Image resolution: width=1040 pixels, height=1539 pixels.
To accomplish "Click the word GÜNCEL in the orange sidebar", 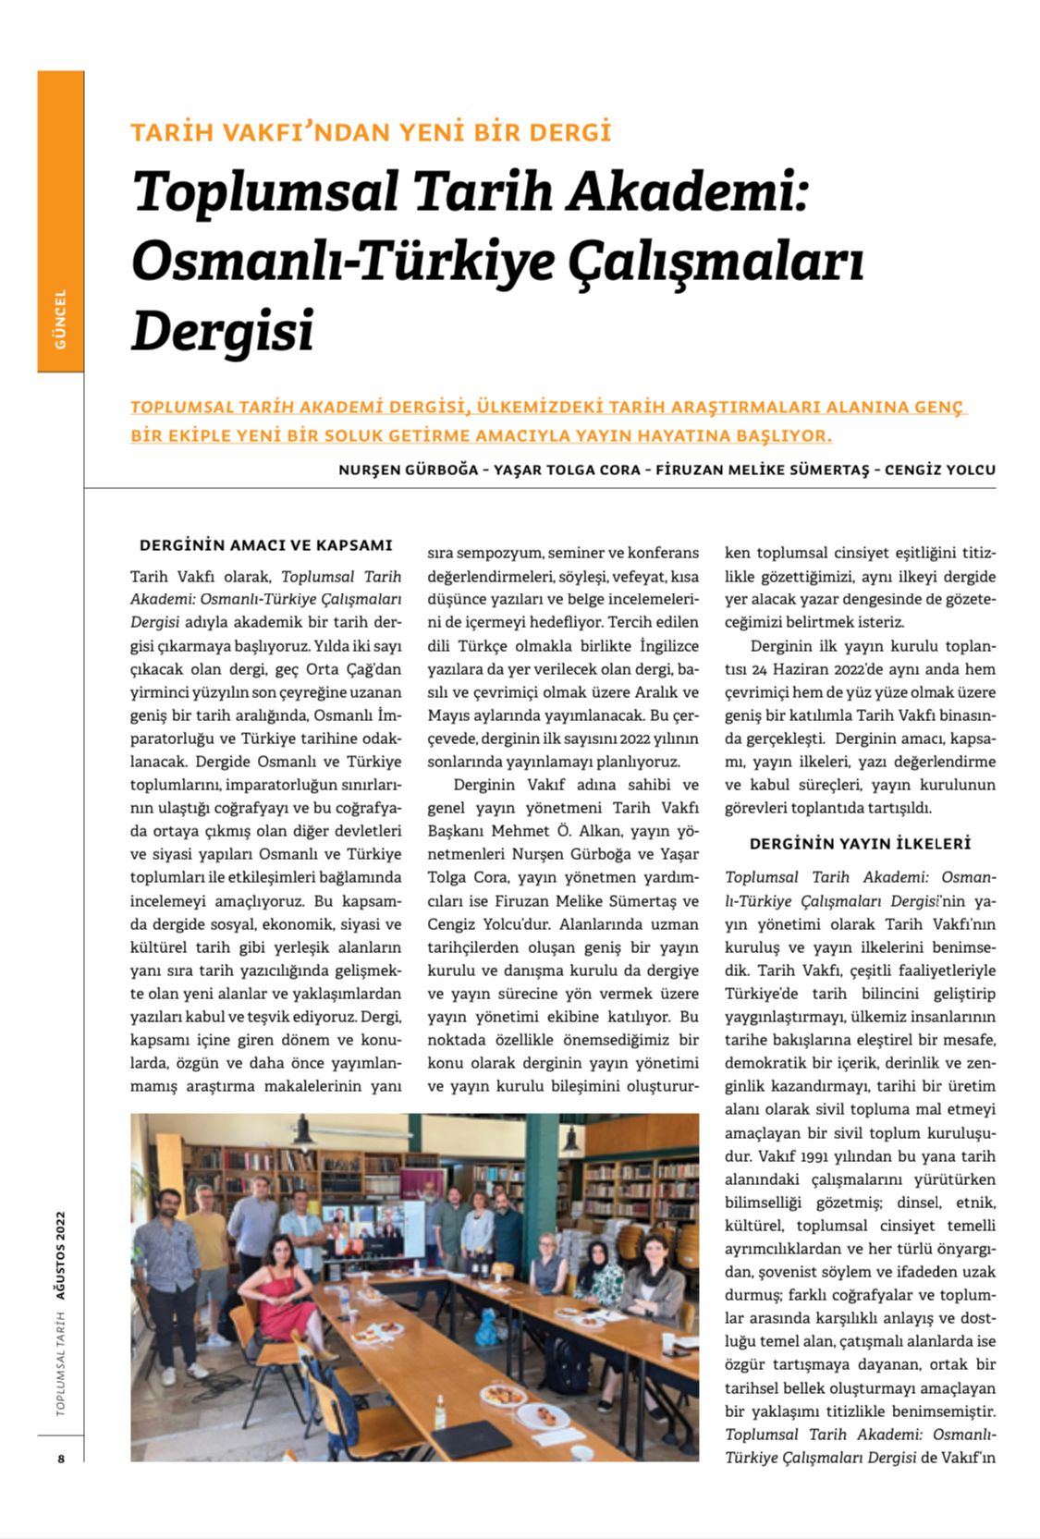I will point(60,319).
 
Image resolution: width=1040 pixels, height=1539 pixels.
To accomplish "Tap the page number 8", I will point(61,1459).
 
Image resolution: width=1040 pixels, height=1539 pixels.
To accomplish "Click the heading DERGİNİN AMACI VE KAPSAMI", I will point(265,545).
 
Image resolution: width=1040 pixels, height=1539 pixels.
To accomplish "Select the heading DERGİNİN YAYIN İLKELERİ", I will point(860,844).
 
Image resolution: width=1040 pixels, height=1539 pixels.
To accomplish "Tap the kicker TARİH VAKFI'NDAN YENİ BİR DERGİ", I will point(371,132).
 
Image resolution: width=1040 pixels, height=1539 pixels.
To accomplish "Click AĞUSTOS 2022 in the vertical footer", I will point(61,1255).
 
